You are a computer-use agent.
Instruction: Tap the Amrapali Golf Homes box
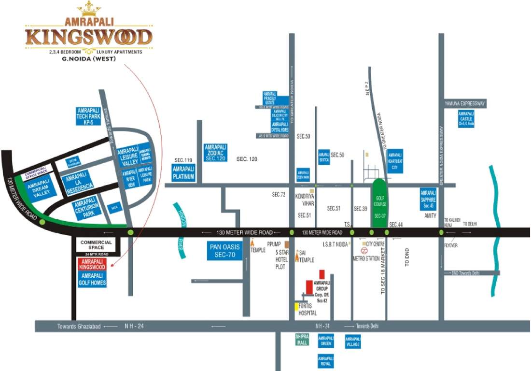pos(91,279)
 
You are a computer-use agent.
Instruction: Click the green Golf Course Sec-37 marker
pos(379,203)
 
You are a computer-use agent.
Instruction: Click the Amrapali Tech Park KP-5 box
pos(88,116)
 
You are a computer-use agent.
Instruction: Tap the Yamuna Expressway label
pos(465,103)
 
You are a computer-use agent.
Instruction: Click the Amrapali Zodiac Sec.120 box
pos(216,152)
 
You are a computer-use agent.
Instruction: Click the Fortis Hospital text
pos(307,310)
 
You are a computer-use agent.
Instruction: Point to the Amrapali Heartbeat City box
pos(394,161)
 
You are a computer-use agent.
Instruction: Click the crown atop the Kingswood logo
pos(89,8)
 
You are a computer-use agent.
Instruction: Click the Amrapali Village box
pos(352,342)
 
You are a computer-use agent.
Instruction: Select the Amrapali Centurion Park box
pos(87,208)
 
